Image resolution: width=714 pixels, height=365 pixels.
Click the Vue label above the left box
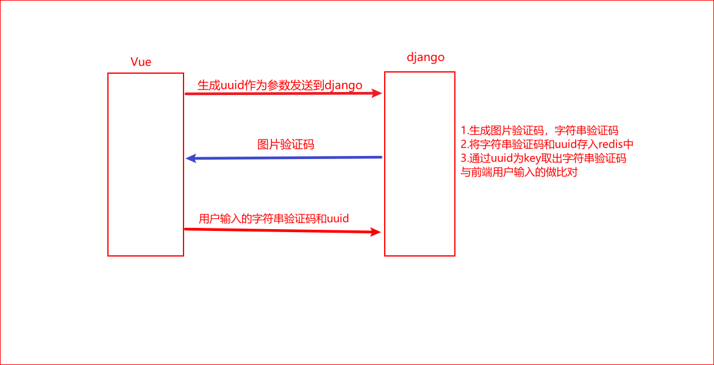[141, 62]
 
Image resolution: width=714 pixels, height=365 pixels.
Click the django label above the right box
[426, 57]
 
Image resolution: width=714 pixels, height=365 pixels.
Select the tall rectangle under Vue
[146, 165]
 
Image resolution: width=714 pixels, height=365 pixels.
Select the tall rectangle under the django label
[419, 164]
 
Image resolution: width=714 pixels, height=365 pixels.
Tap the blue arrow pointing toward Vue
[284, 158]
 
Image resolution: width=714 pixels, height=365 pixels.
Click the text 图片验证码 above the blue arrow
[286, 144]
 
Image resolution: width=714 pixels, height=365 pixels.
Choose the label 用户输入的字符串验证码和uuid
[274, 218]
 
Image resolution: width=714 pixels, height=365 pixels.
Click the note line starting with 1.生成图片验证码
[540, 130]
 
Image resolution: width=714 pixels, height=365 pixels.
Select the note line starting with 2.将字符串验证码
[548, 144]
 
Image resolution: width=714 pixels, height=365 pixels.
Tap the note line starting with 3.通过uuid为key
[544, 158]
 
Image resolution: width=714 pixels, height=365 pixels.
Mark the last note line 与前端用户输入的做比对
[519, 172]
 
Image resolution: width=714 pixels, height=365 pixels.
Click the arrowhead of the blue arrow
[190, 158]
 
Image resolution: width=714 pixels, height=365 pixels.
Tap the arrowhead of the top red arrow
[378, 93]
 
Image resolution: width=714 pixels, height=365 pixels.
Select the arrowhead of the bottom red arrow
[377, 232]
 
